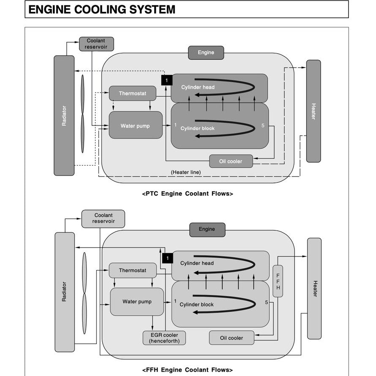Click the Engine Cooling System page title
click(102, 9)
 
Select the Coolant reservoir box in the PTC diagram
click(96, 44)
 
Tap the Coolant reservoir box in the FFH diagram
click(103, 218)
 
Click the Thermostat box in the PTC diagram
click(132, 93)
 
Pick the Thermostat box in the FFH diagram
click(132, 270)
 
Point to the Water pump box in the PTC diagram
click(135, 125)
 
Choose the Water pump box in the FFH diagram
click(137, 302)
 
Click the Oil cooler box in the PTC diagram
click(231, 161)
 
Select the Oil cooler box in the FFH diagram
click(232, 338)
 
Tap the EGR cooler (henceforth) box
click(164, 338)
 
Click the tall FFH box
click(278, 281)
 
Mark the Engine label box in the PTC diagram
click(206, 53)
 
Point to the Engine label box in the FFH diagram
click(207, 229)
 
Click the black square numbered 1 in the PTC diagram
click(167, 80)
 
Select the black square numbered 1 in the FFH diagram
click(167, 258)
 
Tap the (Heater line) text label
click(186, 172)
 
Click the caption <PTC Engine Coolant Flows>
click(188, 194)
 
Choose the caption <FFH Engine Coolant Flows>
click(188, 370)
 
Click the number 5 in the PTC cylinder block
click(263, 125)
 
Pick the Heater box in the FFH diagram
click(314, 288)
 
